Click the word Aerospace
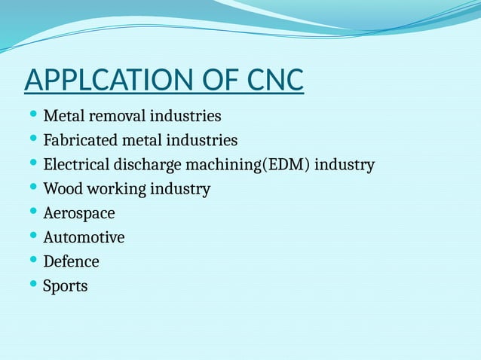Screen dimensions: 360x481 point(79,214)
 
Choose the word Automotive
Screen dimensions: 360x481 point(84,238)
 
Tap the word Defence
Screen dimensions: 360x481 point(71,262)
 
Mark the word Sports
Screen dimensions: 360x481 point(66,286)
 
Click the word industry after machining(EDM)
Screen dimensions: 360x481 point(345,165)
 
